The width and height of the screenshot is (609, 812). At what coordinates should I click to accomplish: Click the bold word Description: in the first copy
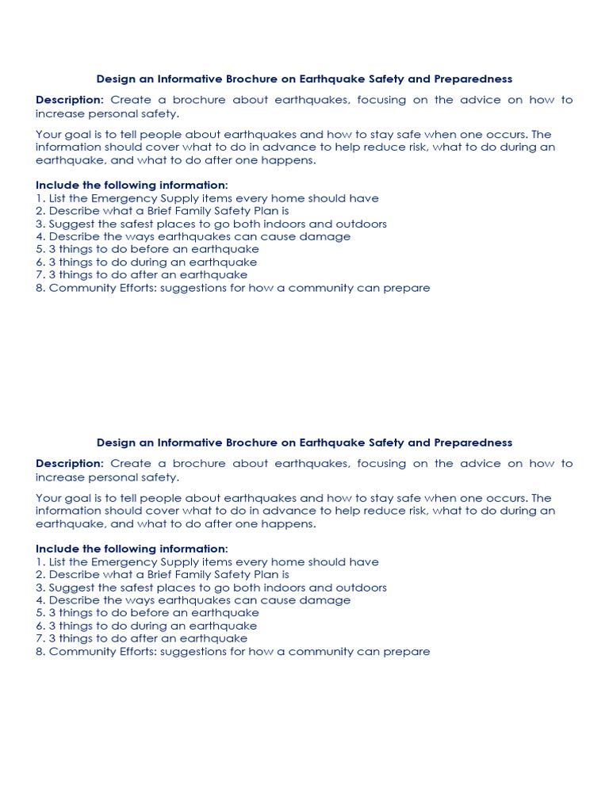click(70, 100)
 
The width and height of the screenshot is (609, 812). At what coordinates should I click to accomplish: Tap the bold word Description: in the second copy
click(70, 463)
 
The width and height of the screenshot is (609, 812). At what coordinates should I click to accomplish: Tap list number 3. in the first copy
click(40, 224)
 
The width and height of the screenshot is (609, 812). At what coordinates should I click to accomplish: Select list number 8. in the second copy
click(40, 651)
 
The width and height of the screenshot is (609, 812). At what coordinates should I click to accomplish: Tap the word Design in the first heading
click(115, 79)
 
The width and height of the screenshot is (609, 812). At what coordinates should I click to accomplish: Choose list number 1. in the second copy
click(40, 561)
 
